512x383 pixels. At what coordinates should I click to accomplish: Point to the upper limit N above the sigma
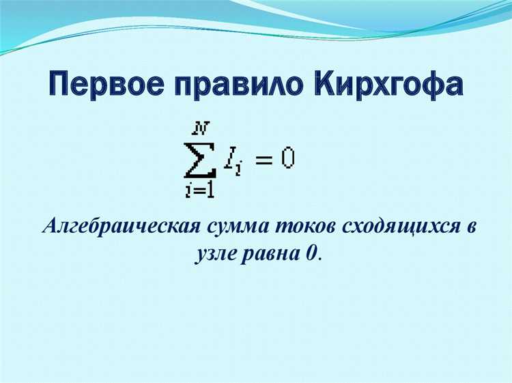200,127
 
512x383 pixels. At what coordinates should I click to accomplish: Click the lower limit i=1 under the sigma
199,191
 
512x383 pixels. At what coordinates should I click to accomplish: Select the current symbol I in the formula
229,160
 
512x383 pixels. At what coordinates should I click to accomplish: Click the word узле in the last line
213,254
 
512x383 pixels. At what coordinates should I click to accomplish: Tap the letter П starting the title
61,83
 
